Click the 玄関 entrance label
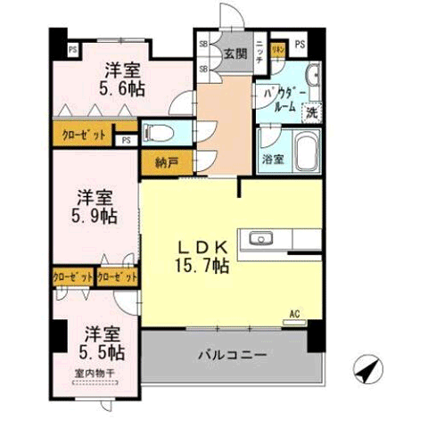(x=234, y=53)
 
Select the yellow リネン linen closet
(x=277, y=47)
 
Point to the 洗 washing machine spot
(x=312, y=112)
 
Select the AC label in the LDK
(x=294, y=314)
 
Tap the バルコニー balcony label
(x=231, y=356)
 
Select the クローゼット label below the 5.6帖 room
(x=83, y=136)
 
